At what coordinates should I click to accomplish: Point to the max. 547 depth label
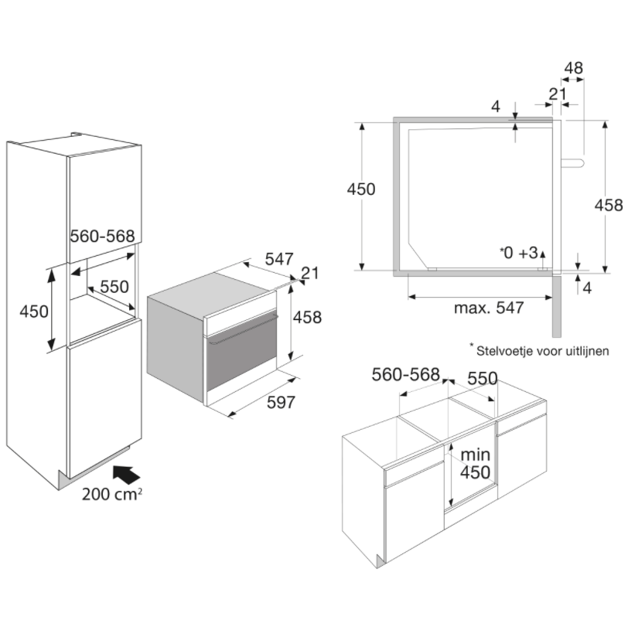point(489,308)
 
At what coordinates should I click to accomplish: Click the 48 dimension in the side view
point(573,68)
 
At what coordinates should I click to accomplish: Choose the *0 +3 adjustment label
point(518,253)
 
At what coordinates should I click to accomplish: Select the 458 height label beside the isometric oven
point(306,317)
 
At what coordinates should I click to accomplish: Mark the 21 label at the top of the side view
point(556,94)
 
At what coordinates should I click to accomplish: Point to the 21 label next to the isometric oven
point(309,272)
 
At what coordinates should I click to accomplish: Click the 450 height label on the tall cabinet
point(34,312)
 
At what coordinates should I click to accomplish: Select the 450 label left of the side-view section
point(360,189)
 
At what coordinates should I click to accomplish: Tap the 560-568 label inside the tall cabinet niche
point(103,237)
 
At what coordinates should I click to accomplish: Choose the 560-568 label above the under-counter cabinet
point(405,375)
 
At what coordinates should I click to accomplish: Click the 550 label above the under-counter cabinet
point(482,380)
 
